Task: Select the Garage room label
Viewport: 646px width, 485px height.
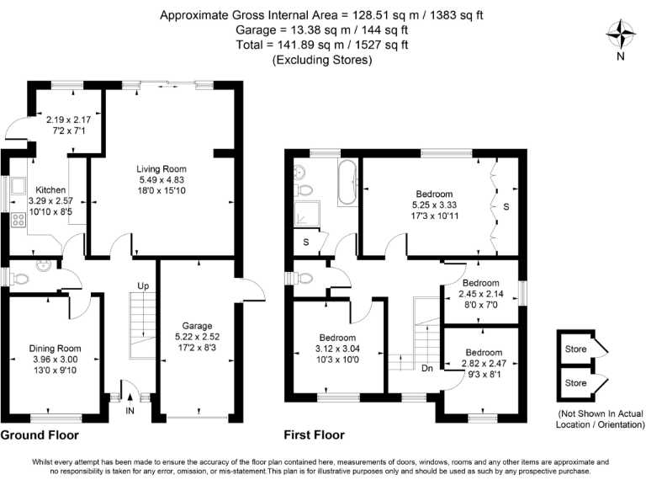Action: point(199,325)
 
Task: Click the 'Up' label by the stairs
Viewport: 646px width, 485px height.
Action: point(143,286)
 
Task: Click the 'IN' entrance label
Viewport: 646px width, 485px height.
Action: point(130,410)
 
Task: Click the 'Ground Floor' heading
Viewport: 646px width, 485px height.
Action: point(40,435)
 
